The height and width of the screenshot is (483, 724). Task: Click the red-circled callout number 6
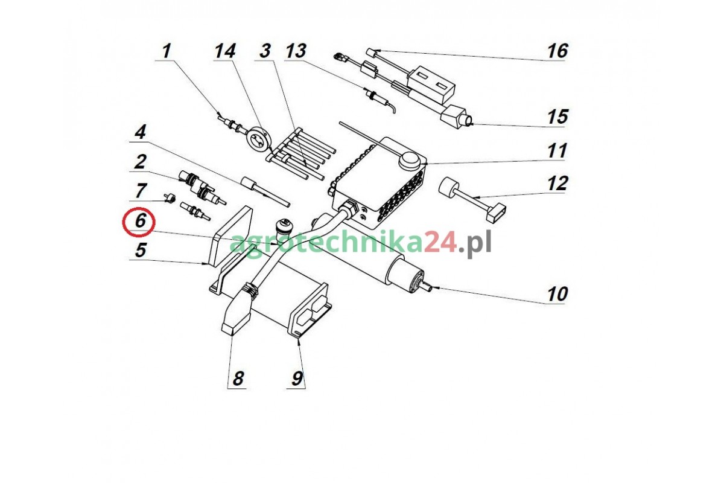[x=140, y=221]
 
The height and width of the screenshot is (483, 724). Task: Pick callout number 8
[x=238, y=378]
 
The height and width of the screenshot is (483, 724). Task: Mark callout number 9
[x=297, y=378]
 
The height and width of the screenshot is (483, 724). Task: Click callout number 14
[x=225, y=51]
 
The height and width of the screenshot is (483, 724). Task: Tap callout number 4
[x=140, y=132]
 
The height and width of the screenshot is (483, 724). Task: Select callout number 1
[x=166, y=51]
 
